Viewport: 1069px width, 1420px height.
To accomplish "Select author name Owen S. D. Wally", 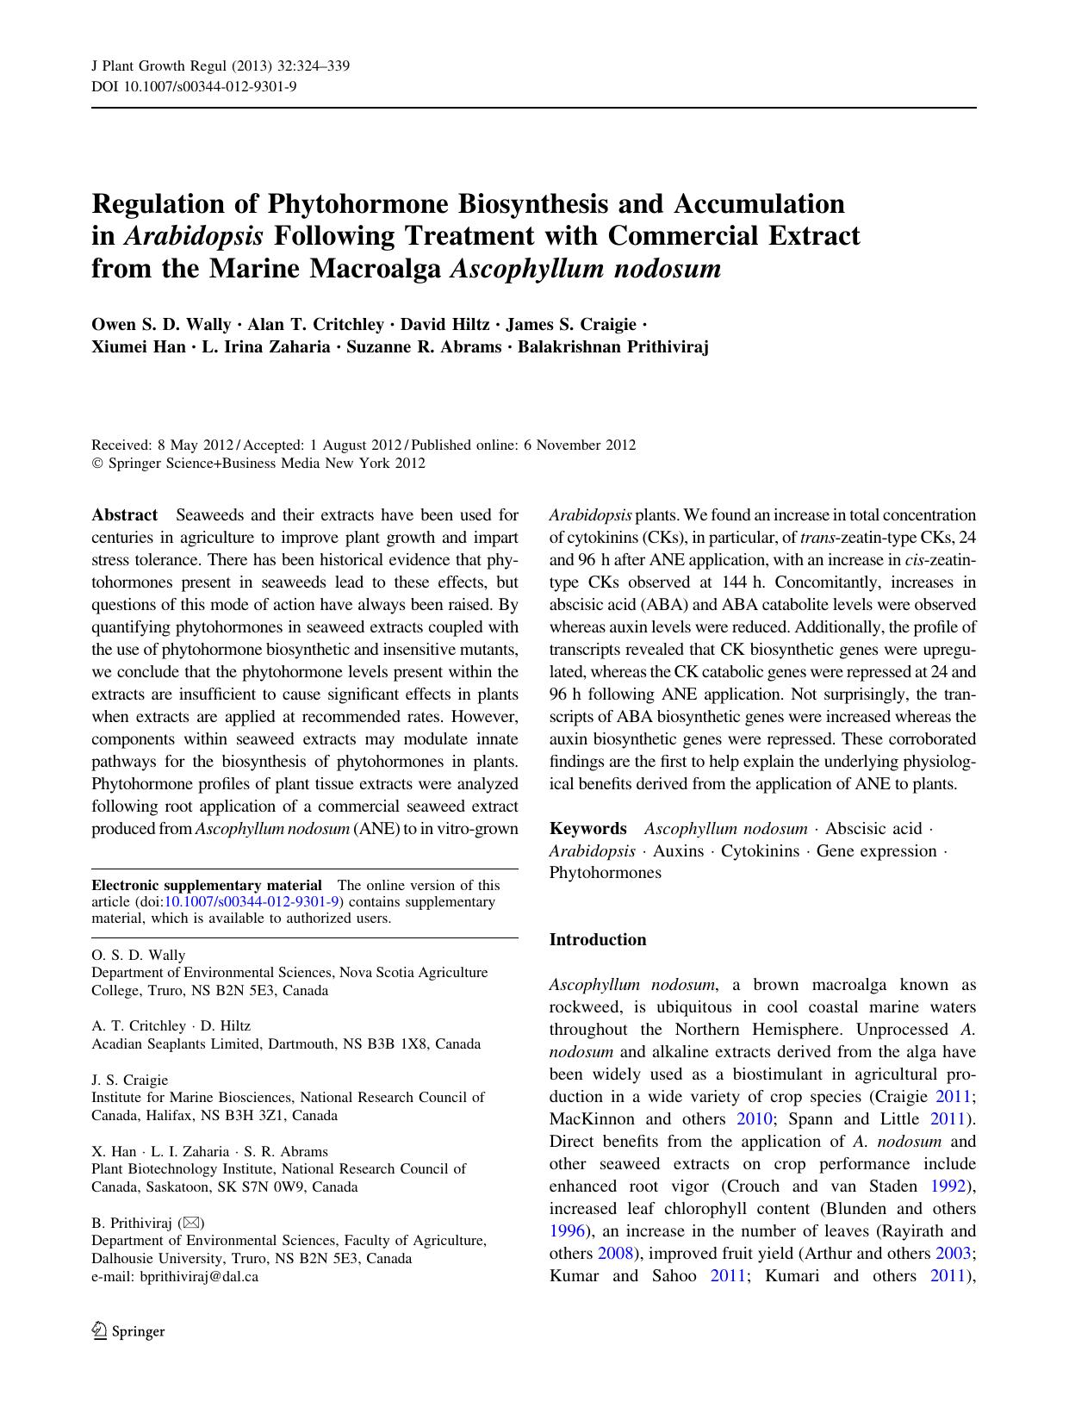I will (161, 325).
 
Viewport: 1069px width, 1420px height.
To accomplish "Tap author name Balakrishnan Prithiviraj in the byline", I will (612, 347).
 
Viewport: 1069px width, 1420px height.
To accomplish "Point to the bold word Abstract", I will (124, 515).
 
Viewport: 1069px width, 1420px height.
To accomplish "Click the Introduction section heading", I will (598, 940).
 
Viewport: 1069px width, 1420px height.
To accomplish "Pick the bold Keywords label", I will (588, 829).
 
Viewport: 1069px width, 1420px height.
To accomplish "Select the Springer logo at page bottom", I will (128, 1331).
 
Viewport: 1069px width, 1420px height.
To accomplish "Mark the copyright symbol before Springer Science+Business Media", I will (96, 464).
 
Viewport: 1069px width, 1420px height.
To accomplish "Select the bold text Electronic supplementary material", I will (207, 885).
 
